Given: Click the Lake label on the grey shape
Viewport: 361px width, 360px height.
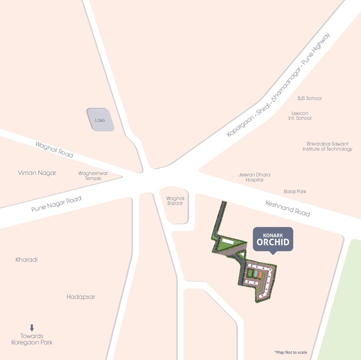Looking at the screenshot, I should coord(100,120).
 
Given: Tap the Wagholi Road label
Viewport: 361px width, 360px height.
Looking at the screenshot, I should coord(55,149).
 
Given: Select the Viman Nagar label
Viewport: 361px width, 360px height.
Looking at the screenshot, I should coord(37,173).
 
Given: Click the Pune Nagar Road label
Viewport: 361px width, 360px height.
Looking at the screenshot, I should coord(56,203).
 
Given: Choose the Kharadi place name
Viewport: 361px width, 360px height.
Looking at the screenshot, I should coord(26,259).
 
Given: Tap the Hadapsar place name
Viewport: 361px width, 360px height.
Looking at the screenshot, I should coord(81,297).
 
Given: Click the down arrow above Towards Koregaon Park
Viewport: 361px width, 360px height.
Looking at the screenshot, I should coord(32,328).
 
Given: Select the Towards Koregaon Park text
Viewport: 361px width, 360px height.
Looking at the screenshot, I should coord(32,339).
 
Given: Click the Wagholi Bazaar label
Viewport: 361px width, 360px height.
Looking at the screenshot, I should coord(175,201).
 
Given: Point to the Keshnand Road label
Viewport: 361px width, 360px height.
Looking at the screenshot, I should coord(287,208).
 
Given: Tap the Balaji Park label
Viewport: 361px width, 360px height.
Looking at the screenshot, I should coord(295,191).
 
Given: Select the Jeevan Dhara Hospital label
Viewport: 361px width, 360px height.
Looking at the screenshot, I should coord(251,177).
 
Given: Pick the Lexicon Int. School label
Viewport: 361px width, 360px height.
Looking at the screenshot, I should coord(300,116).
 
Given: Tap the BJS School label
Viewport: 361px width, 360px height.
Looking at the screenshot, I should coord(309,98).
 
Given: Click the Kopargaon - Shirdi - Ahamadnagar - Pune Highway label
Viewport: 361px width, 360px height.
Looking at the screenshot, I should coord(279,85).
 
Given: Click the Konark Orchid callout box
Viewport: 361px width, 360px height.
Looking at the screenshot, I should coord(273,238).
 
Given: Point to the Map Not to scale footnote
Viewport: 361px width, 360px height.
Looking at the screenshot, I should coord(291,352).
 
